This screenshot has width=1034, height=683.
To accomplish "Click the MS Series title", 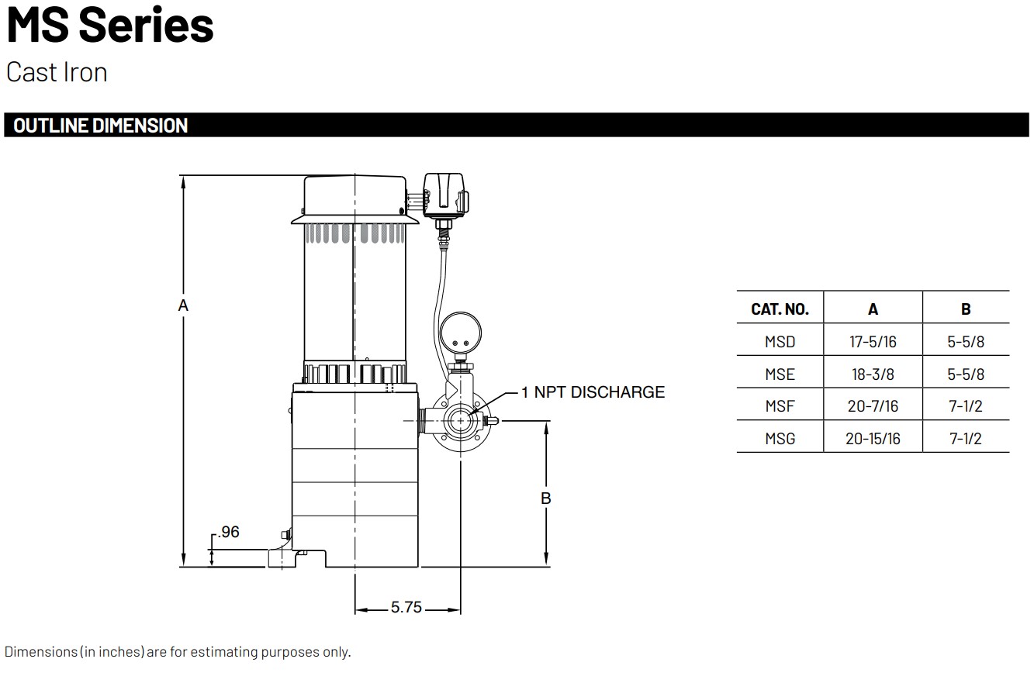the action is point(110,25).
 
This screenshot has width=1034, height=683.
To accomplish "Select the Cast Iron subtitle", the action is point(57,72).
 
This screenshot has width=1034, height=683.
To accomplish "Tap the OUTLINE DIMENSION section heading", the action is point(101,126).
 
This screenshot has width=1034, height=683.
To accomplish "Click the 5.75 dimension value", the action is point(406,607).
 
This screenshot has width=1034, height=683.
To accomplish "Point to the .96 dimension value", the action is point(229,532).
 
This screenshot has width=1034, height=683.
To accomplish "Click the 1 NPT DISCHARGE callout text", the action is point(593,392).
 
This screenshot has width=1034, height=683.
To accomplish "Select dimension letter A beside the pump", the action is point(183,305).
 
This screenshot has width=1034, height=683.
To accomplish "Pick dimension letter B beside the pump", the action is point(545,498).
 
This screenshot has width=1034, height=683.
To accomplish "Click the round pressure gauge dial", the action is point(460,333).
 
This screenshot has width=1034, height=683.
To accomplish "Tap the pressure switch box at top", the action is point(445,195).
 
